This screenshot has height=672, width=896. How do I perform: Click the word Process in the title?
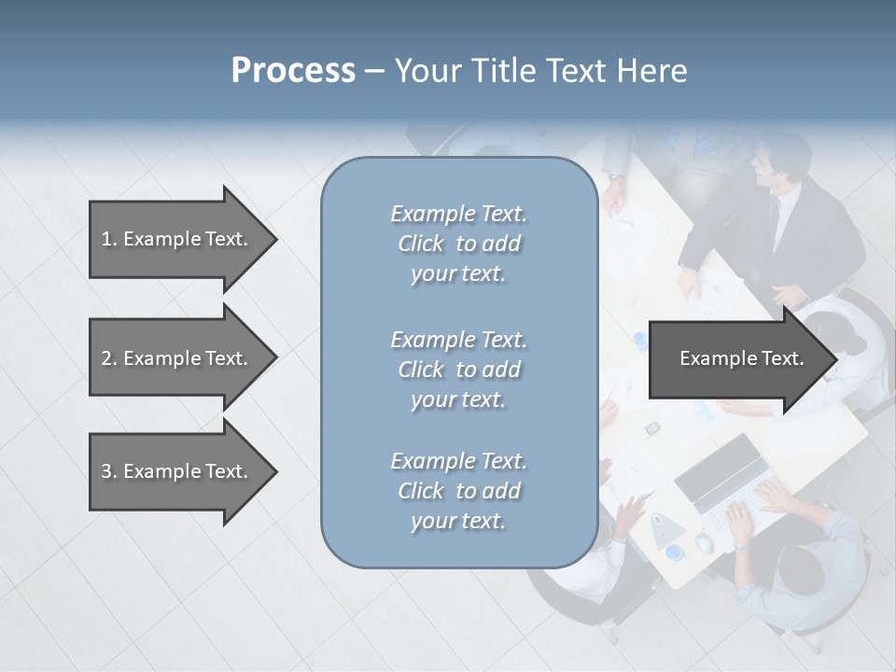(x=293, y=71)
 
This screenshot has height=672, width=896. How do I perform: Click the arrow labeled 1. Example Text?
(x=177, y=239)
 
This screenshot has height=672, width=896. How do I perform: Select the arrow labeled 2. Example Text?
(x=177, y=358)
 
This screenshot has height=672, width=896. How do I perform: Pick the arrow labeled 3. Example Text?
(x=177, y=471)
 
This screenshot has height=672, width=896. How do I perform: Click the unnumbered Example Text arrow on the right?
(x=737, y=358)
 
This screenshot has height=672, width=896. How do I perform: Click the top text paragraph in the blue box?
(x=458, y=244)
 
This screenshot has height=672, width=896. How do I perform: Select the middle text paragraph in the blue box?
(x=458, y=369)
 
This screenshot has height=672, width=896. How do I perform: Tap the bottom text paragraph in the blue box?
(x=458, y=491)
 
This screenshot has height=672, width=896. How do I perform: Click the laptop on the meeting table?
(x=723, y=485)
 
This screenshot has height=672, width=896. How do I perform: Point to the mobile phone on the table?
(x=653, y=428)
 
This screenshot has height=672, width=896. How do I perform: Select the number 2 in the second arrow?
(x=106, y=358)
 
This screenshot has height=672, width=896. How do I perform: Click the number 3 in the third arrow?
(x=106, y=471)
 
